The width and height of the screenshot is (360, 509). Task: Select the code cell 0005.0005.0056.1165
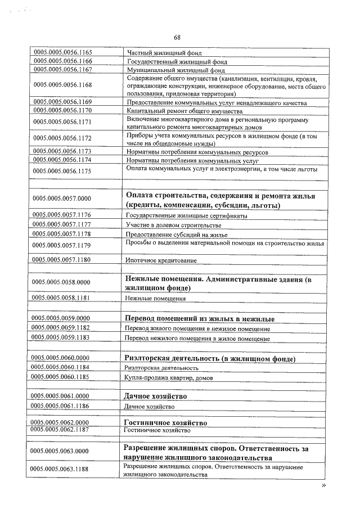62,52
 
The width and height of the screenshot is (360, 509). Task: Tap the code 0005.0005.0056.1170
62,111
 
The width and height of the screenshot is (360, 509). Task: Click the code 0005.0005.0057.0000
61,199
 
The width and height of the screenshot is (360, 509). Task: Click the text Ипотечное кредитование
161,260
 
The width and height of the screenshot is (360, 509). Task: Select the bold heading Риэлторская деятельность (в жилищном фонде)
210,358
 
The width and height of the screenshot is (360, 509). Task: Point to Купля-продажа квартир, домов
168,377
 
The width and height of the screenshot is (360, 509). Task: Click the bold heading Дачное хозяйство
155,396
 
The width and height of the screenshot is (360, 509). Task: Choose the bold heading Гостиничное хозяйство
165,422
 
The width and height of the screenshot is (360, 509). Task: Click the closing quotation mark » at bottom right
323,485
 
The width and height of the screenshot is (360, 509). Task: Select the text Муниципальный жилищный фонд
168,71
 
